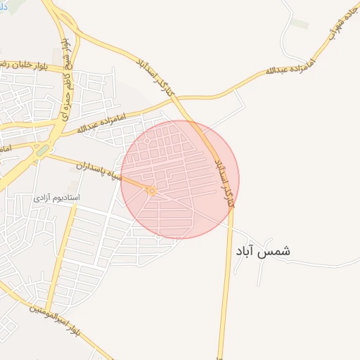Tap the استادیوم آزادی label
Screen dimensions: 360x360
click(56, 198)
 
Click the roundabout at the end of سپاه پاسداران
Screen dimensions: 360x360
click(151, 190)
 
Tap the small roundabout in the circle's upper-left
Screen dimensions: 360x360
click(146, 141)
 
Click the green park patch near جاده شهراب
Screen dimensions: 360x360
click(300, 24)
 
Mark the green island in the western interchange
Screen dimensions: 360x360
click(42, 150)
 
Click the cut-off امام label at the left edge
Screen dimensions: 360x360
click(4, 149)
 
